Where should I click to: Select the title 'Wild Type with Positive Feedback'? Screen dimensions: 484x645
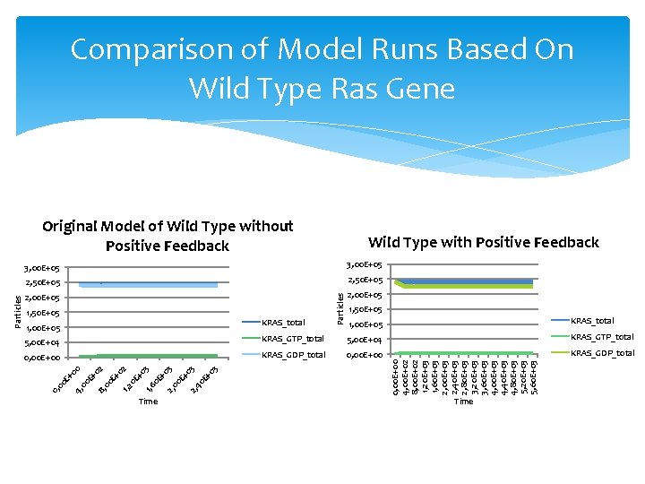(483, 242)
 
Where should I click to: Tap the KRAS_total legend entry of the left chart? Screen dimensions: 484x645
(283, 323)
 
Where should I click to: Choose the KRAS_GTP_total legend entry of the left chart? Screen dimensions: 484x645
(292, 339)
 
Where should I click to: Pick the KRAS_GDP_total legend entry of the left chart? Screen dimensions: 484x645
(292, 355)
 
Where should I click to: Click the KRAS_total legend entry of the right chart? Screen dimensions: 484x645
(593, 320)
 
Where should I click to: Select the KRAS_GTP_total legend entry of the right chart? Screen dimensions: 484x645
(602, 336)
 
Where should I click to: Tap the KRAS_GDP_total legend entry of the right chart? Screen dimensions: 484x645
(602, 352)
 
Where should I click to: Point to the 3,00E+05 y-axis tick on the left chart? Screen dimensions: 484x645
(42, 268)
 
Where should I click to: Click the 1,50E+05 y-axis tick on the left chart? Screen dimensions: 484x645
(42, 313)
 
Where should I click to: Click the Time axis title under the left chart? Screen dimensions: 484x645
(148, 402)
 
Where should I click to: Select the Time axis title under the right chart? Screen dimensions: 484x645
(463, 402)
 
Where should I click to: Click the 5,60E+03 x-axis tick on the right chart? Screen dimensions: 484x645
(533, 376)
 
